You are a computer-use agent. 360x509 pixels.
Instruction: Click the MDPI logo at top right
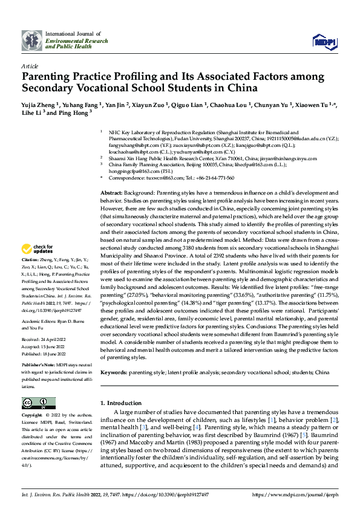coord(322,41)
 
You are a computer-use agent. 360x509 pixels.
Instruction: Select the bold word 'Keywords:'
coord(114,373)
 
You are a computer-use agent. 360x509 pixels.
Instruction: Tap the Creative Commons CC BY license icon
coord(38,403)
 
